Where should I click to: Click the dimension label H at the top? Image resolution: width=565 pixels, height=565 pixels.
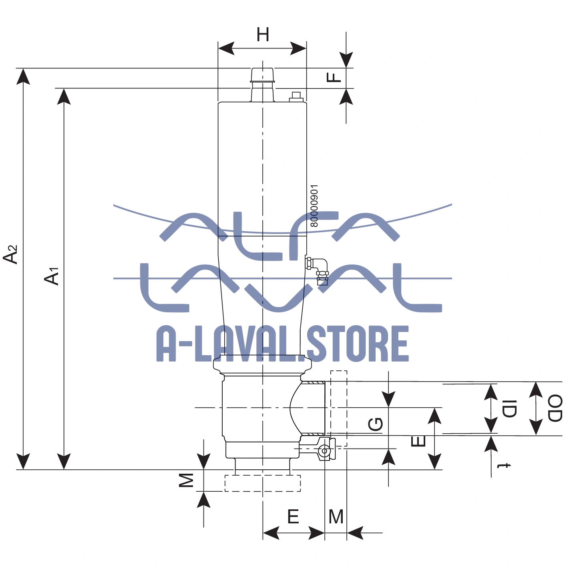coord(263,35)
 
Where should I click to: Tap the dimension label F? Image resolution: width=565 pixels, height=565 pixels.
coord(334,76)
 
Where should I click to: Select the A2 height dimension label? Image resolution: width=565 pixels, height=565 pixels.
coord(11,254)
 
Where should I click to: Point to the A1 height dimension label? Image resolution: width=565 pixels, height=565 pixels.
coord(52,276)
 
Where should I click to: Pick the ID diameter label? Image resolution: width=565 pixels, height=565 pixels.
coord(509,408)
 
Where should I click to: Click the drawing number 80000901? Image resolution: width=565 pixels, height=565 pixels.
coord(314,206)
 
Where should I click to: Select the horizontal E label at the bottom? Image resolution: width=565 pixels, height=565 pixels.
coord(293,517)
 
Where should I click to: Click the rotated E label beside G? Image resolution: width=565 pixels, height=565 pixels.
coord(418,441)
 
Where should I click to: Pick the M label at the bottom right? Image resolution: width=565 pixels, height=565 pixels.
coord(336,517)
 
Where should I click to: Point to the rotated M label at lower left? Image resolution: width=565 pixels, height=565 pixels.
coord(186,480)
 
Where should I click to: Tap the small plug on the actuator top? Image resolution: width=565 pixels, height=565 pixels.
coord(296,97)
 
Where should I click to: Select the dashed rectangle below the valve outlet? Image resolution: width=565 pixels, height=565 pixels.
coord(262,483)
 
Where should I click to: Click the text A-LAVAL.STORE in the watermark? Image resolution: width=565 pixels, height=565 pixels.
coord(283,344)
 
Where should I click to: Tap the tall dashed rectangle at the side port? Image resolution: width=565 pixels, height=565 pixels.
coord(339,408)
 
